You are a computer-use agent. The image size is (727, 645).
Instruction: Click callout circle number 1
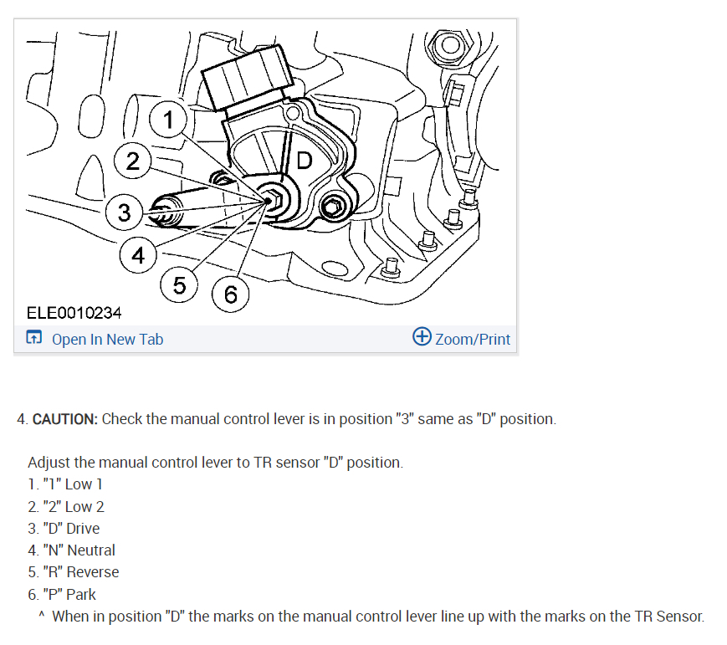point(169,120)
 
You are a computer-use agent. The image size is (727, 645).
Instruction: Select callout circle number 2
point(133,161)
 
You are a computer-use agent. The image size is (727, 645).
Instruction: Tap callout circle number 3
point(125,212)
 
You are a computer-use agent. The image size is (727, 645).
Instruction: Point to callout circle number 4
point(138,255)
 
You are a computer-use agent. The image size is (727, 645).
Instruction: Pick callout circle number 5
point(180,285)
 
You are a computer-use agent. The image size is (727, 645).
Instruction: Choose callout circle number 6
point(231,294)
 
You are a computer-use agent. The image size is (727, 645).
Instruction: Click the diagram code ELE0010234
point(74,313)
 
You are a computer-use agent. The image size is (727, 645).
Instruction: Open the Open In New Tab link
point(107,339)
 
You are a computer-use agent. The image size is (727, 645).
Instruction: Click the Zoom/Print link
point(473,339)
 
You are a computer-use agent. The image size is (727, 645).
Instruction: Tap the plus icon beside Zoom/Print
point(422,337)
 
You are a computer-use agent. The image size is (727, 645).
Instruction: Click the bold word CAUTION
point(65,418)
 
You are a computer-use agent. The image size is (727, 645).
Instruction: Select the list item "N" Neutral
point(71,550)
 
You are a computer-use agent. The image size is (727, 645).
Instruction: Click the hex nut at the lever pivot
point(272,201)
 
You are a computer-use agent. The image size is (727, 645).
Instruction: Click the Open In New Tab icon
point(34,339)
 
